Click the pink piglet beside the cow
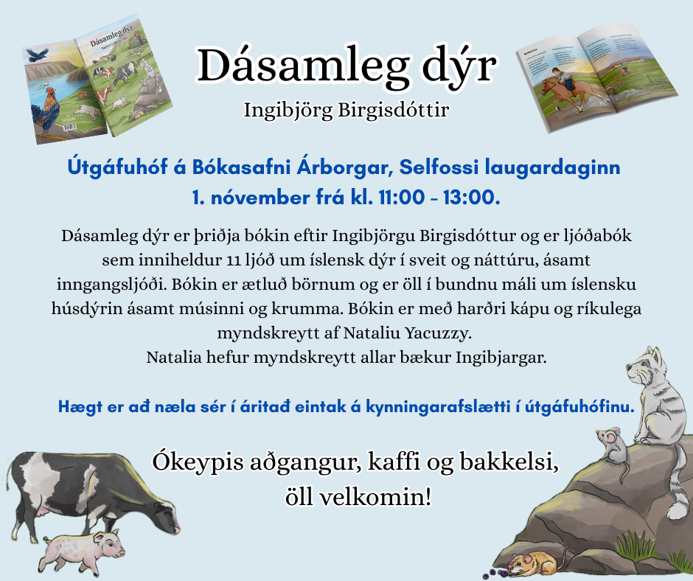tap(81, 549)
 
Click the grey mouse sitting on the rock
tap(615, 445)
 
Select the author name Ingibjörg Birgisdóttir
tap(346, 111)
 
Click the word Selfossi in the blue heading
tap(438, 167)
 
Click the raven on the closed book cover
tap(37, 53)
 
